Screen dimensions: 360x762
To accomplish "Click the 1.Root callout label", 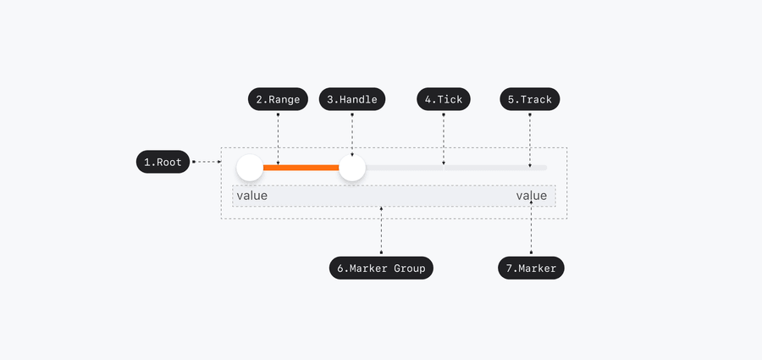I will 163,162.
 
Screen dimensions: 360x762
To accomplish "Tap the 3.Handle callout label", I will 351,99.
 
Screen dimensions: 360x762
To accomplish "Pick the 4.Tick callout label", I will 443,99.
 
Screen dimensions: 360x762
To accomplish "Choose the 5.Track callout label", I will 529,99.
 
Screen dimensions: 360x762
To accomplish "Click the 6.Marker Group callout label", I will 381,269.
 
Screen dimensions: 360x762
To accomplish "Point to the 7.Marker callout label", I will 531,269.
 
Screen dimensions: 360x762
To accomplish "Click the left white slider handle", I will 250,168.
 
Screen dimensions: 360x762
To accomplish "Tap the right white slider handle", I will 351,168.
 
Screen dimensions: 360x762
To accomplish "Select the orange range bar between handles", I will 301,168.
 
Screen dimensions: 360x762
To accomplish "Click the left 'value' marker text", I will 251,196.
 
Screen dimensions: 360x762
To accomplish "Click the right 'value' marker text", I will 532,196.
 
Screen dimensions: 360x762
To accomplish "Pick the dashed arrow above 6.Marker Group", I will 381,230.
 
